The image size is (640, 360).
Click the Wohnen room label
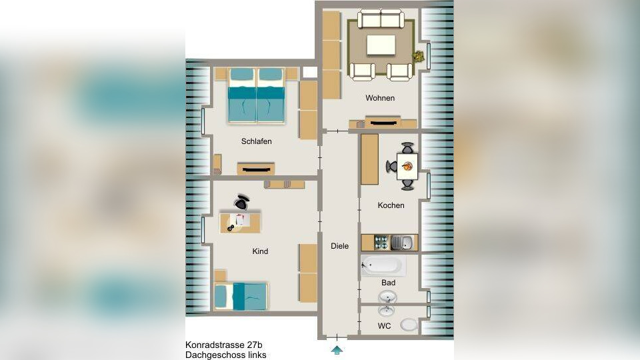pos(380,98)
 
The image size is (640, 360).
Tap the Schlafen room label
pos(256,141)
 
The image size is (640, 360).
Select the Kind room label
pos(260,251)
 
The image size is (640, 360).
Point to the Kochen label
pos(391,205)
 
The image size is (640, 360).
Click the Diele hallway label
pos(339,246)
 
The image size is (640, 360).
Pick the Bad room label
pos(388,283)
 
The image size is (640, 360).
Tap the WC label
pos(384,326)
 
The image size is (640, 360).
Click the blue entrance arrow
pos(337,350)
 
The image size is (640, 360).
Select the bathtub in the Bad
pos(383,266)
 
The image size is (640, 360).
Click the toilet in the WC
pos(409,325)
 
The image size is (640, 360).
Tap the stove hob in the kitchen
pos(381,243)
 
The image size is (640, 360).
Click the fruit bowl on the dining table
pos(407,166)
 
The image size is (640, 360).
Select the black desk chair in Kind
pos(241,201)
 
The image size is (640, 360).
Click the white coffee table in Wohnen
pos(381,45)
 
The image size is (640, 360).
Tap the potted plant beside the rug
pos(418,56)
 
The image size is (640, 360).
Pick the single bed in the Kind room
pos(241,296)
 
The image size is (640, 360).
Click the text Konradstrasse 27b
pos(224,345)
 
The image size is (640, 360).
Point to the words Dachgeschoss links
pos(226,355)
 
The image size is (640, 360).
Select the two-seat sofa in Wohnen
pos(381,19)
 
